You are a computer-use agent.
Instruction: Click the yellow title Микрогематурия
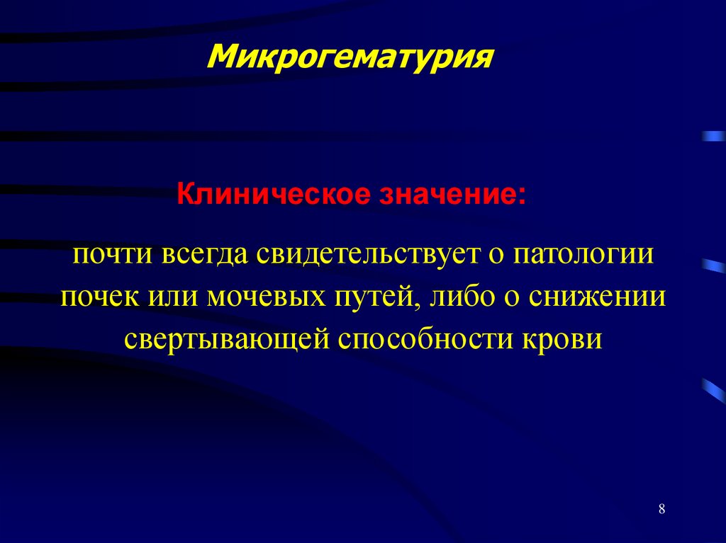[350, 56]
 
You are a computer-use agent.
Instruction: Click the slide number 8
[661, 510]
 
